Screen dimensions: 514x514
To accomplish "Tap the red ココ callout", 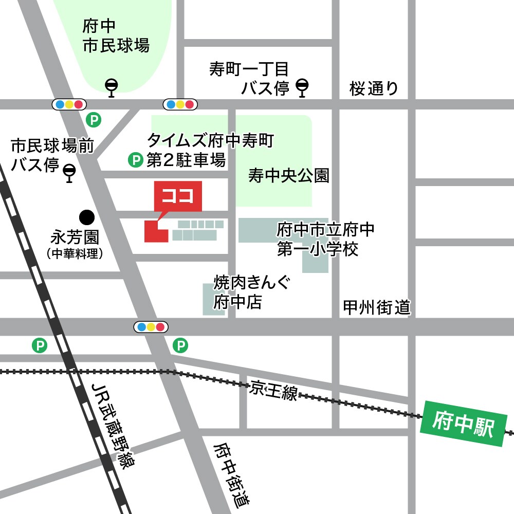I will coord(178,196).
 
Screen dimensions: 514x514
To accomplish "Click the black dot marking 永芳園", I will coord(86,216).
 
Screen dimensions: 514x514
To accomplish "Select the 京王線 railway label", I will coord(274,391).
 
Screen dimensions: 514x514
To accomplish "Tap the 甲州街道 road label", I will coord(377,308).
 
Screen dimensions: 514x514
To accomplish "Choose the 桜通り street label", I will coord(374,88).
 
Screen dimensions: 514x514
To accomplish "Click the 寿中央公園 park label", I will coord(288,176).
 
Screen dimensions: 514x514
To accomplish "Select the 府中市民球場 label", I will coord(116,36).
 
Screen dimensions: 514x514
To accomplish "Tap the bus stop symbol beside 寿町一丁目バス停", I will coord(303,87).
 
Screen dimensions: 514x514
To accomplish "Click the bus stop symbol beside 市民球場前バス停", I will coord(69,172).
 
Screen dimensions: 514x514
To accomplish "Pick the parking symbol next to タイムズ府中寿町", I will coord(135,161).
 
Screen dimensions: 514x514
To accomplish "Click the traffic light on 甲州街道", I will coord(151,326).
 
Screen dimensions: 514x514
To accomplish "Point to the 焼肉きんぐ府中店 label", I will coord(246,291).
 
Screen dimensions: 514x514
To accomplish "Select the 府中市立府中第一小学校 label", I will coord(324,239).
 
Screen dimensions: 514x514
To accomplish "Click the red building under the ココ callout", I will coord(154,232).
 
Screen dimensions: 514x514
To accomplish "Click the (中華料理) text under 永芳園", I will coord(75,253).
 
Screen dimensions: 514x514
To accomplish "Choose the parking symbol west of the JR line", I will coord(39,345).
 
